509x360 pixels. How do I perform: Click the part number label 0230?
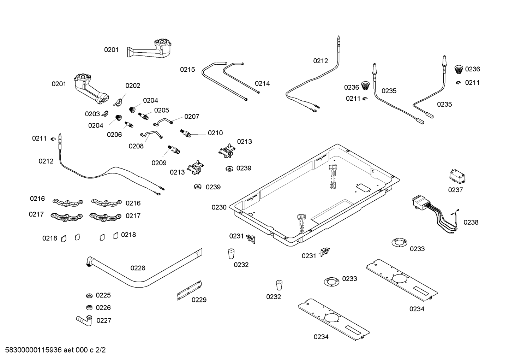point(219,207)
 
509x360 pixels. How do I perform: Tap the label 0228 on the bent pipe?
point(138,268)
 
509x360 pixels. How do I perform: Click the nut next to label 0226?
point(89,307)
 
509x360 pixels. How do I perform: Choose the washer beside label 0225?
point(89,295)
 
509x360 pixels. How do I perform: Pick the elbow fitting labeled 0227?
point(85,320)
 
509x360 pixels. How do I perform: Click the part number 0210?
point(215,133)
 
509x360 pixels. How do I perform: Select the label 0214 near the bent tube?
point(262,83)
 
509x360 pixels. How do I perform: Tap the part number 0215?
point(187,70)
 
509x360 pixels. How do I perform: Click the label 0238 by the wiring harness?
point(471,222)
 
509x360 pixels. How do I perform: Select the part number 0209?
point(159,163)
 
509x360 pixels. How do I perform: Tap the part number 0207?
point(192,117)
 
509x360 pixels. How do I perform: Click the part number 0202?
point(133,85)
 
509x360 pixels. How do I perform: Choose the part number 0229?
point(199,300)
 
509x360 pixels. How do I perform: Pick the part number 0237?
point(455,190)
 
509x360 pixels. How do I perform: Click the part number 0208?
point(136,146)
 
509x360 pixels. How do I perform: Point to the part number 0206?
point(114,135)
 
